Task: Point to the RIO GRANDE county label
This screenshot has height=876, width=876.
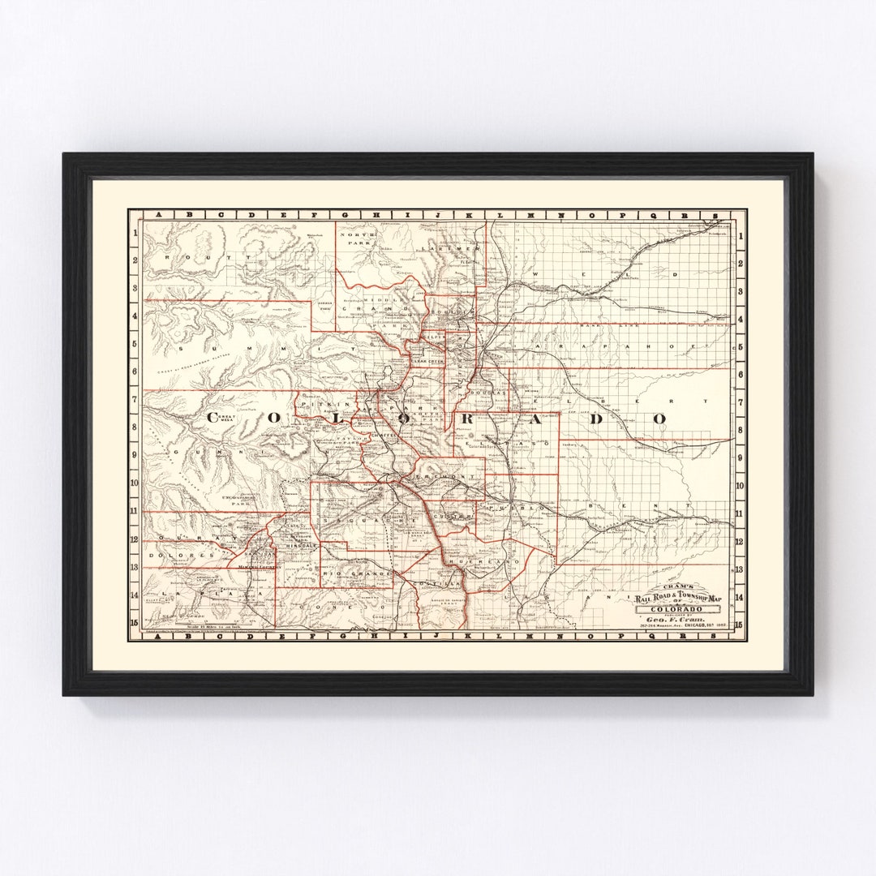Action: click(349, 574)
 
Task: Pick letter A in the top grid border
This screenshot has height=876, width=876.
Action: click(159, 216)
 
